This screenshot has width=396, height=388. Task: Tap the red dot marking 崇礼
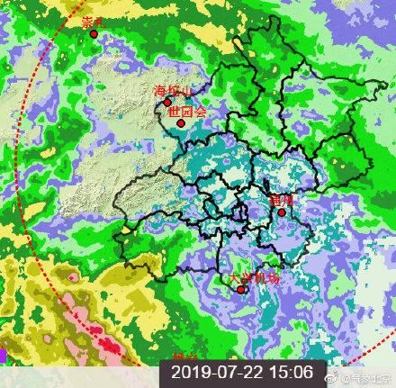click(94, 34)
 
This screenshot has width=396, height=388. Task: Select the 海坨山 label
click(172, 92)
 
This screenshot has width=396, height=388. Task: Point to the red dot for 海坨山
click(166, 103)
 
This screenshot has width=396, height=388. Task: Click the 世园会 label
click(187, 113)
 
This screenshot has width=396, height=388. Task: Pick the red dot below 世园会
click(181, 123)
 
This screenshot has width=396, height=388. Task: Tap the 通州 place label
click(282, 200)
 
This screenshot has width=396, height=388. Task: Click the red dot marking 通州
click(282, 212)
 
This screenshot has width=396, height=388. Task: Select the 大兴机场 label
click(254, 278)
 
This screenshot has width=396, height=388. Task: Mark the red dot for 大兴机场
click(240, 289)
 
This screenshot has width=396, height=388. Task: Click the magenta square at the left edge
click(3, 356)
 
